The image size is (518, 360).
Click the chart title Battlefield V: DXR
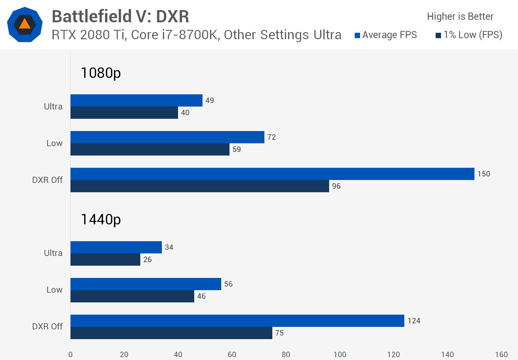tap(121, 16)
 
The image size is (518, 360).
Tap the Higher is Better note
tap(460, 16)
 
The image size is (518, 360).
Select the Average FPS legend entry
tap(386, 35)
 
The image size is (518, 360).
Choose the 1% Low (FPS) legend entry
tap(469, 35)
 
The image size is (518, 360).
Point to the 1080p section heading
tap(101, 73)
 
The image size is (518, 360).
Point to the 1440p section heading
tap(101, 219)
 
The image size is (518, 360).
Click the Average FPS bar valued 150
tap(272, 174)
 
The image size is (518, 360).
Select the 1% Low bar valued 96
tap(200, 186)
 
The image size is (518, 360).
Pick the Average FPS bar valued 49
tap(136, 100)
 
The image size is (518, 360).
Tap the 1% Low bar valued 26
tap(105, 260)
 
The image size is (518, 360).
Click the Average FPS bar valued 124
tap(237, 321)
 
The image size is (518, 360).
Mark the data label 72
tap(272, 137)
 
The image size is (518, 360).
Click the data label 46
tap(201, 296)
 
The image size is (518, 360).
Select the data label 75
tap(280, 333)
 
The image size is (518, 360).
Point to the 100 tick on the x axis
tap(340, 355)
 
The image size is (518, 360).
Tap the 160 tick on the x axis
tap(501, 355)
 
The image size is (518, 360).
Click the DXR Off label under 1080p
tap(47, 180)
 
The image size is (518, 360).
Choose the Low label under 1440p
tap(54, 290)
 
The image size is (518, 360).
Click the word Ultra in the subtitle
tap(327, 35)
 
